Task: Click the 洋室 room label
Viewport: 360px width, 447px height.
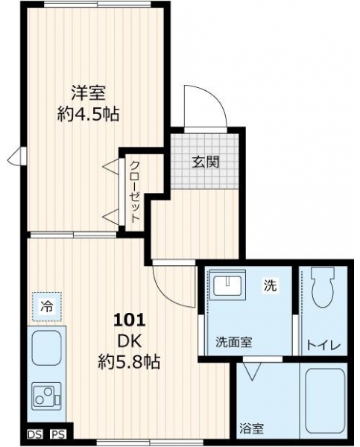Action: [x=88, y=93]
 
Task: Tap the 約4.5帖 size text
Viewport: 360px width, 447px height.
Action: [x=88, y=114]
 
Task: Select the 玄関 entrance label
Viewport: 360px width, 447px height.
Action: [x=206, y=162]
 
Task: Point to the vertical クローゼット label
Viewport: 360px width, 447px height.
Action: [x=135, y=192]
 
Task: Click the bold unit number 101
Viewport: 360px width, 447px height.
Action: [x=130, y=320]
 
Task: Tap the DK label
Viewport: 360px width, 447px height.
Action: [x=130, y=341]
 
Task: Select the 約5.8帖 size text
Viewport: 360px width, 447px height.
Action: [x=129, y=362]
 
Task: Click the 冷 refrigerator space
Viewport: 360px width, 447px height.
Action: [x=47, y=307]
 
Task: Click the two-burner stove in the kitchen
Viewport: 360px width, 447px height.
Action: [x=47, y=396]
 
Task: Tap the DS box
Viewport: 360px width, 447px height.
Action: [x=35, y=434]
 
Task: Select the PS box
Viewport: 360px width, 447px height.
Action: [x=58, y=434]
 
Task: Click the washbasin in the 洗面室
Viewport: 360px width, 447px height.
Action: [x=227, y=285]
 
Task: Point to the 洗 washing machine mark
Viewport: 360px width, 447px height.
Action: [x=270, y=285]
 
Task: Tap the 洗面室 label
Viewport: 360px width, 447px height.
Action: [x=233, y=342]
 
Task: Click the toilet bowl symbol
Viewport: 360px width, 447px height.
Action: [x=323, y=287]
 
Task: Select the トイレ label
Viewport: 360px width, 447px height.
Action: [x=323, y=346]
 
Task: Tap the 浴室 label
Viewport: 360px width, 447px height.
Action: [x=251, y=428]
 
